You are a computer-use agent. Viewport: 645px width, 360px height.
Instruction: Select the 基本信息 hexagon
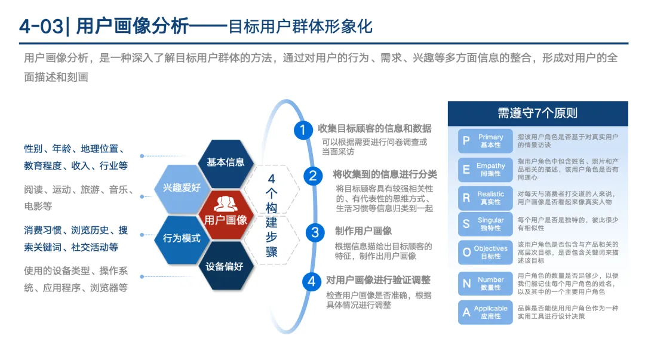[x=226, y=162]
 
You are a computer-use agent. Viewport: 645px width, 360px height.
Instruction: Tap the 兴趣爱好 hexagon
[x=182, y=187]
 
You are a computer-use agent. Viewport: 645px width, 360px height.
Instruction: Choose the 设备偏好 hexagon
[x=225, y=266]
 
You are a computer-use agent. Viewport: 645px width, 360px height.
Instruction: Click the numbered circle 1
[x=303, y=130]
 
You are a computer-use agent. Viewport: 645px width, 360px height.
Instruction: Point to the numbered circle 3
[x=315, y=232]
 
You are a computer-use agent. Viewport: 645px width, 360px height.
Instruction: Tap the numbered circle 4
[x=311, y=281]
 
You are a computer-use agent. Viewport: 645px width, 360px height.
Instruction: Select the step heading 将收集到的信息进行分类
[x=385, y=175]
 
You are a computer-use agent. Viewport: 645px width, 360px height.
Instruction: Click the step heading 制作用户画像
[x=363, y=231]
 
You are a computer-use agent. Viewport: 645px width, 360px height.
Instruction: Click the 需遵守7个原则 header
[x=537, y=113]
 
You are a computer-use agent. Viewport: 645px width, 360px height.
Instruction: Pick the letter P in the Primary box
[x=466, y=141]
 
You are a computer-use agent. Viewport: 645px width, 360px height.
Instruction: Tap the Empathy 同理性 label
[x=491, y=170]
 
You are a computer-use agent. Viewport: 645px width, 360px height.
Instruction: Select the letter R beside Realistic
[x=466, y=198]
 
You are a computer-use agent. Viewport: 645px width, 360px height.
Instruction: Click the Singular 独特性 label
[x=491, y=224]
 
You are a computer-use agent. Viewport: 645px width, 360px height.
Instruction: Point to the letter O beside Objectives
[x=466, y=253]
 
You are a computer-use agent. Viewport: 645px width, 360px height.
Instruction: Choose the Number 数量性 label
[x=491, y=284]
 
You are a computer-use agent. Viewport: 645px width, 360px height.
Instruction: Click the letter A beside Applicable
[x=466, y=312]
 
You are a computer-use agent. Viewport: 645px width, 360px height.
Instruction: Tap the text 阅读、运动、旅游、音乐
[x=78, y=190]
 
